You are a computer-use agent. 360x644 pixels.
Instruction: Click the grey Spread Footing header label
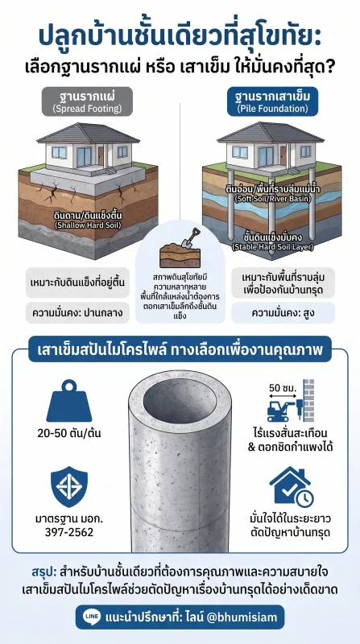pos(87,101)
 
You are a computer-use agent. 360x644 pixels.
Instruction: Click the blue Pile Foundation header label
pos(272,101)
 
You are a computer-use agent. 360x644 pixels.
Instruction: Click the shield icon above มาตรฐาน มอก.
pos(69,486)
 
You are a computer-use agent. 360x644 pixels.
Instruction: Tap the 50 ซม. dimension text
pos(282,387)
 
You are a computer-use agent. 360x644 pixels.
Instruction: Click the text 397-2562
pos(69,533)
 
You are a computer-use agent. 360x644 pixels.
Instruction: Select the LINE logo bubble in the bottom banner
pos(92,617)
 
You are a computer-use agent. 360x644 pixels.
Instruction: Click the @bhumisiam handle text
pos(243,617)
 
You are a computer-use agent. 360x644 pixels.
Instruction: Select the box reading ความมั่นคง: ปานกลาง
pos(77,314)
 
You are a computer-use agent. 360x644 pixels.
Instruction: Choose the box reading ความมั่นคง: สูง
pos(283,314)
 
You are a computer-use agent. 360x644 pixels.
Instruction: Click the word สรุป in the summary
pos(43,572)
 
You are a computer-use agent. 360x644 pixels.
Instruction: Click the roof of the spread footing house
pos(89,133)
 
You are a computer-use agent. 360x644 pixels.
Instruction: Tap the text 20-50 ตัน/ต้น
pos(68,433)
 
